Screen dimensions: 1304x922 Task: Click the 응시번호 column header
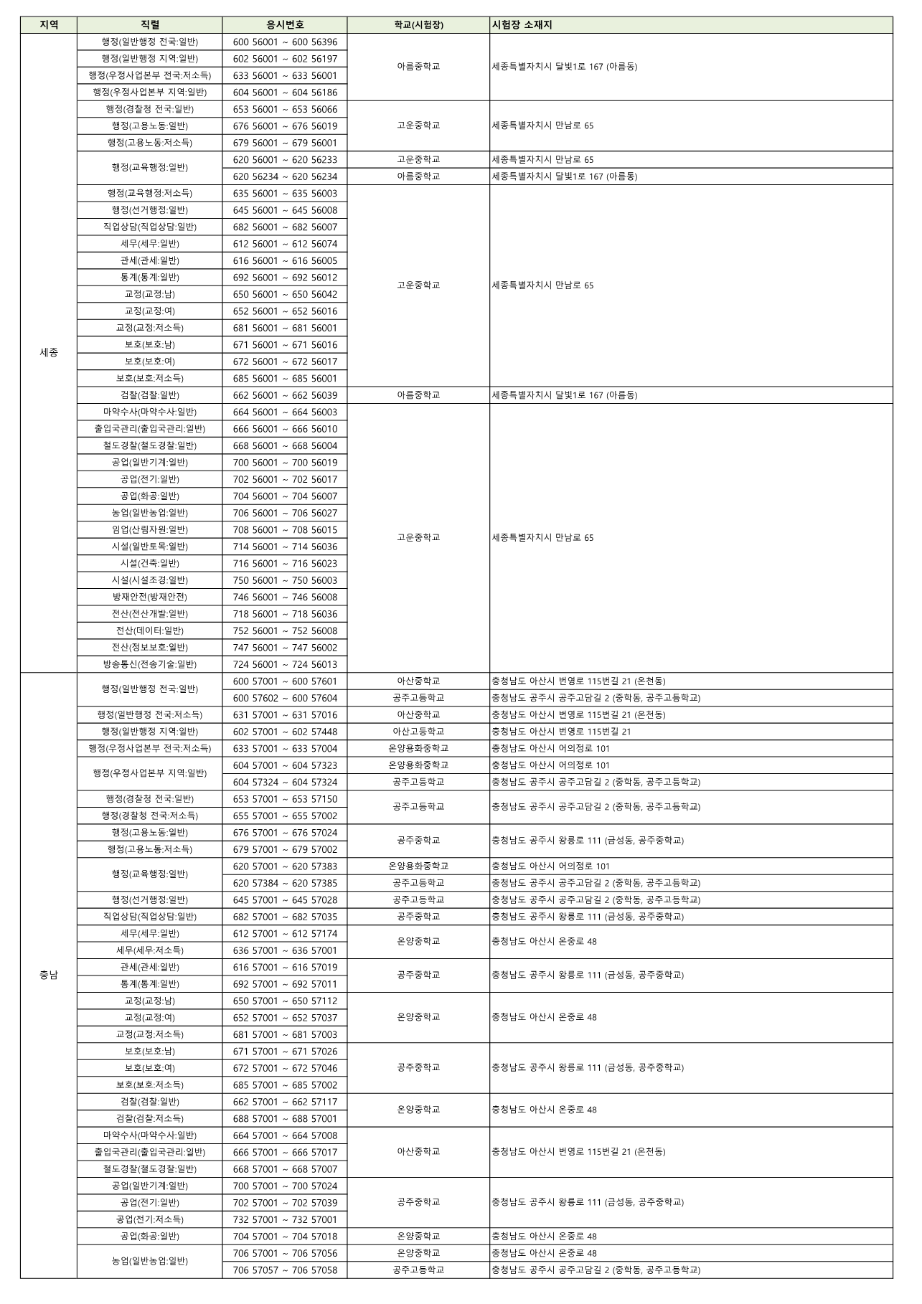(284, 25)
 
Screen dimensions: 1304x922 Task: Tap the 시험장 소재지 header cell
(522, 25)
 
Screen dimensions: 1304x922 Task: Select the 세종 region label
(49, 352)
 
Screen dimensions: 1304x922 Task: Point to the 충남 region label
(49, 975)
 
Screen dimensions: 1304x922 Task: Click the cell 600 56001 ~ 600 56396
(284, 42)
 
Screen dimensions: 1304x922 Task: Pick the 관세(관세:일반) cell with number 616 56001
(149, 260)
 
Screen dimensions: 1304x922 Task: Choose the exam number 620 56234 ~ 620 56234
(284, 176)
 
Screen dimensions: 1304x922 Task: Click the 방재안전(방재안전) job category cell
(149, 597)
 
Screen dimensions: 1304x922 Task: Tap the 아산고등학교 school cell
(418, 732)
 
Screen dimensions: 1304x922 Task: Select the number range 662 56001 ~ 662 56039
(284, 395)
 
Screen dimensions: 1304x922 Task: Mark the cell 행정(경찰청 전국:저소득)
(149, 816)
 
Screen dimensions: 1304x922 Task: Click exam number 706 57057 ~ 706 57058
(284, 1270)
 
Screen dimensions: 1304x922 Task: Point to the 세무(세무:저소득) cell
(149, 950)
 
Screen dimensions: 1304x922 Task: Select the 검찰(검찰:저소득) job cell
(149, 1118)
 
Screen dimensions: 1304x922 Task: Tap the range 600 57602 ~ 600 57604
(284, 698)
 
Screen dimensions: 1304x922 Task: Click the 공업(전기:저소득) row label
(149, 1219)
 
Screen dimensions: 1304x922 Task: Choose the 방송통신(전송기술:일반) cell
(149, 664)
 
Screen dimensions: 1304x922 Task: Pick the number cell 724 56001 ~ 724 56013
(284, 664)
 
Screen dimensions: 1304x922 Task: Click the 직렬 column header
(149, 25)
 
